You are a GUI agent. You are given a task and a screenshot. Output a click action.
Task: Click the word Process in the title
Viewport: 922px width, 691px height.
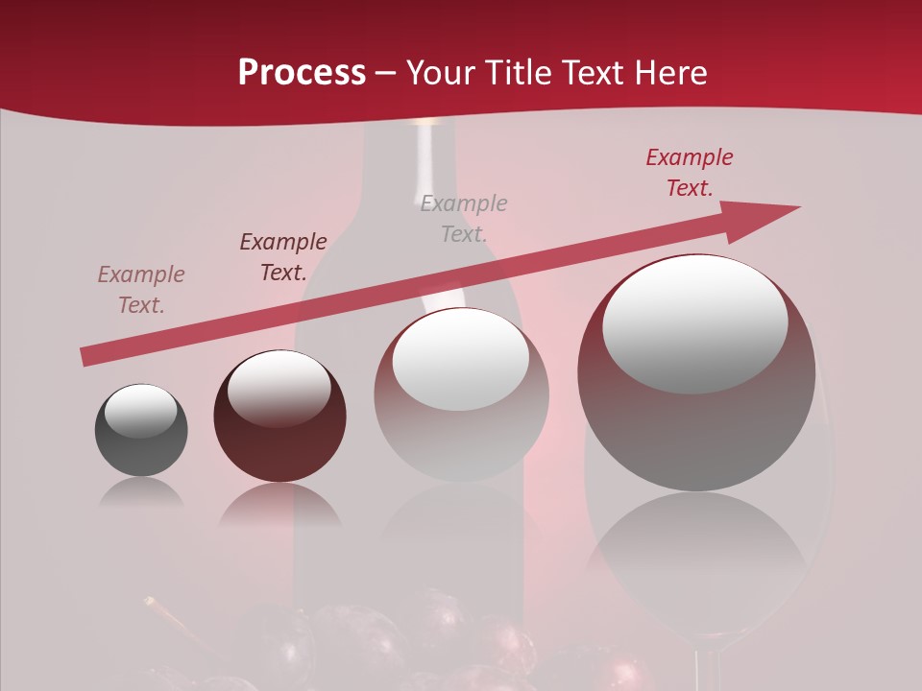click(302, 73)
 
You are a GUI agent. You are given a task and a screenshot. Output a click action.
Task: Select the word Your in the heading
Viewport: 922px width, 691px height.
click(443, 73)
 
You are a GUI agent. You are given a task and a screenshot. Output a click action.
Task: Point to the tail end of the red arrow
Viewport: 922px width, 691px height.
click(86, 357)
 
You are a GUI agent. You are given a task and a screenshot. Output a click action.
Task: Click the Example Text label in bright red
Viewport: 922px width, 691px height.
click(689, 173)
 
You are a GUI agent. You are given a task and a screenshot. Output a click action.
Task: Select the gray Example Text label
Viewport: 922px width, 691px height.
click(464, 218)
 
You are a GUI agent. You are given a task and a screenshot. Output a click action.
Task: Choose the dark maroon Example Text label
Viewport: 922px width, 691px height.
click(282, 256)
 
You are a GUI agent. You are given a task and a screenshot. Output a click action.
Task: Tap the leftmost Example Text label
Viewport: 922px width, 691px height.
click(140, 289)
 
